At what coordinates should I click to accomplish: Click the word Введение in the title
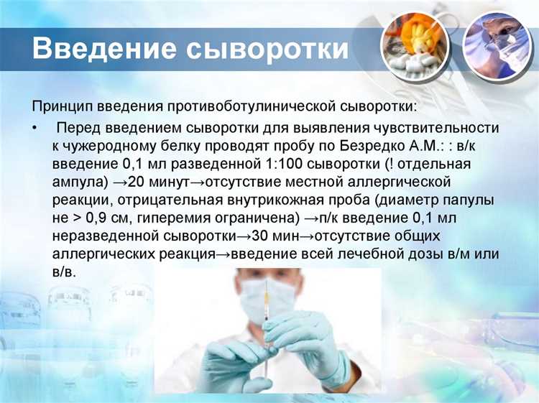pos(103,49)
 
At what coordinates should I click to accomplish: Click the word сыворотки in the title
pos(269,49)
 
